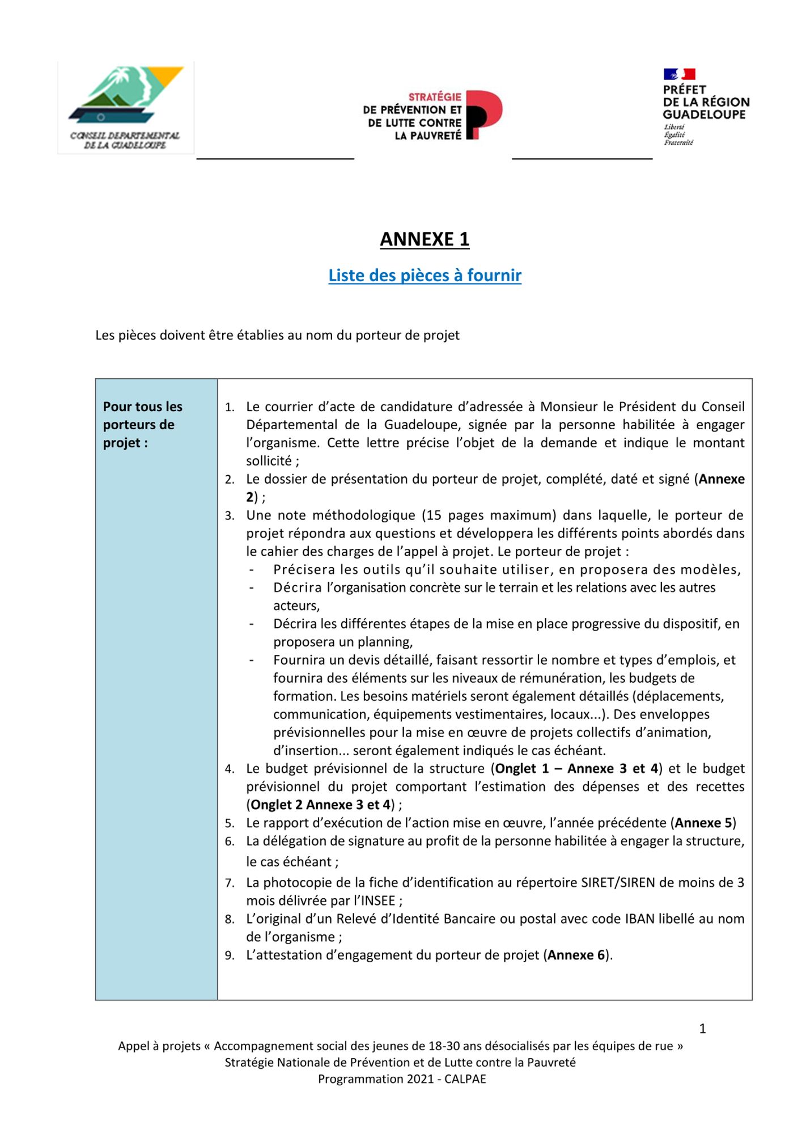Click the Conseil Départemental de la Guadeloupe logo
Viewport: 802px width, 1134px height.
(125, 107)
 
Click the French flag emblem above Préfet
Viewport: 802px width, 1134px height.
(679, 74)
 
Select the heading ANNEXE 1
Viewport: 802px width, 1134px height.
(425, 239)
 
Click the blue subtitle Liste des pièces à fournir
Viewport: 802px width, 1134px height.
(425, 276)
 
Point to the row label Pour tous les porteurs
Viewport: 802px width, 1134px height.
(142, 424)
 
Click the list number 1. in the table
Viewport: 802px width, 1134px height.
(230, 407)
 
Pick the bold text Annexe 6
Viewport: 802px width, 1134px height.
(576, 955)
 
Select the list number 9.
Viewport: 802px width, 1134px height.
(230, 955)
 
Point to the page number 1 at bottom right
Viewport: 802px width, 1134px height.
(702, 1029)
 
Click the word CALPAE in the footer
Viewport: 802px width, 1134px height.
(465, 1079)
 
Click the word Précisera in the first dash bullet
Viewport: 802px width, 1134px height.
(304, 569)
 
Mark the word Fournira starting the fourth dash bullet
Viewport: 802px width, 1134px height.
(298, 660)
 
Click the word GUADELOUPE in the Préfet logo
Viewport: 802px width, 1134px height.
(704, 115)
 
